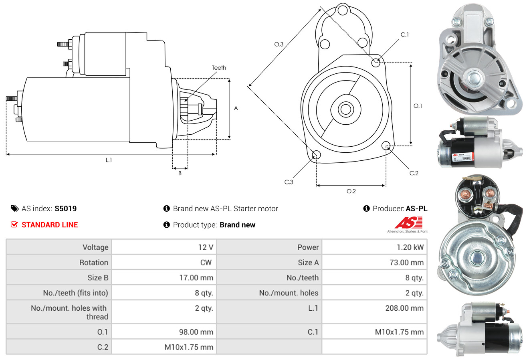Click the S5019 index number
[x=65, y=208]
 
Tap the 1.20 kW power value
[x=410, y=247]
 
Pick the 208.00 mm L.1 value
[x=404, y=308]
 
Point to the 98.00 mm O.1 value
[x=196, y=332]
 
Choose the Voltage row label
[x=95, y=247]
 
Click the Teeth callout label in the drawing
[x=219, y=68]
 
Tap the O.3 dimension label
[x=279, y=44]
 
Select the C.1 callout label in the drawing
[x=405, y=34]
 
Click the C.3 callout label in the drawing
[x=289, y=182]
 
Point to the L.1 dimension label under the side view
[x=109, y=160]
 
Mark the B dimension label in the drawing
[x=180, y=173]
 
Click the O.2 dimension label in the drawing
[x=351, y=191]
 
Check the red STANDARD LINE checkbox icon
[x=14, y=224]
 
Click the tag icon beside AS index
[x=14, y=208]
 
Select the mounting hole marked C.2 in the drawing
[x=386, y=145]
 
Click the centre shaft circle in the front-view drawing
[x=344, y=109]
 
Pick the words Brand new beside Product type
[x=237, y=225]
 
